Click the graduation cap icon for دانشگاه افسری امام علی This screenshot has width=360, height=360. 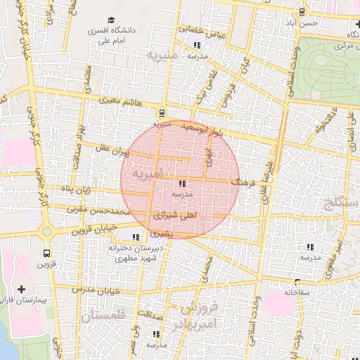click(x=110, y=20)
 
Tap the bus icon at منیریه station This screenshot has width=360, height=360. click(x=162, y=111)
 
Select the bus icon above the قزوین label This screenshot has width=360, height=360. click(x=46, y=252)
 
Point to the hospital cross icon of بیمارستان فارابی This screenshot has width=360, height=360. click(x=21, y=289)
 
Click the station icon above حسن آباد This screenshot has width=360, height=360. click(x=302, y=11)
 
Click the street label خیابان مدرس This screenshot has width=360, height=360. click(x=99, y=290)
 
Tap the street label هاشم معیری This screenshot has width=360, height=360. click(x=121, y=102)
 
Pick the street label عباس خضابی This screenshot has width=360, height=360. click(x=200, y=31)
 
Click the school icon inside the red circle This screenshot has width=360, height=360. click(x=173, y=183)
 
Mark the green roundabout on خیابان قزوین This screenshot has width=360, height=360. click(x=46, y=231)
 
